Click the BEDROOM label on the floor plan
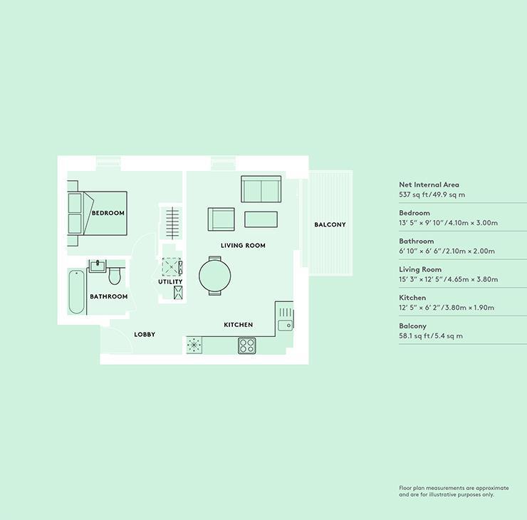pos(108,213)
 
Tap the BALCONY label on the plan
pos(330,224)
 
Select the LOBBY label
pos(145,335)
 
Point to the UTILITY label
pos(170,281)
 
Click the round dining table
pos(215,276)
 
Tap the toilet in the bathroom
pos(115,276)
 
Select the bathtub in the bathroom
pos(77,292)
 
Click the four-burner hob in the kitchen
pos(246,346)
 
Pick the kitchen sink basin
pos(286,326)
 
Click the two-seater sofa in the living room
pos(261,189)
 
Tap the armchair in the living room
pos(221,219)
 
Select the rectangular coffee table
pos(261,219)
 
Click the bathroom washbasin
pos(98,266)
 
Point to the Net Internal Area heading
pos(429,184)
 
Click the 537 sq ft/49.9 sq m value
pos(432,194)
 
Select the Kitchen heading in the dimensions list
pos(412,298)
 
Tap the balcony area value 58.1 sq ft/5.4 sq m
pos(431,336)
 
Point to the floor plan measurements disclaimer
pos(454,491)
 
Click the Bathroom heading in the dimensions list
pos(417,241)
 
